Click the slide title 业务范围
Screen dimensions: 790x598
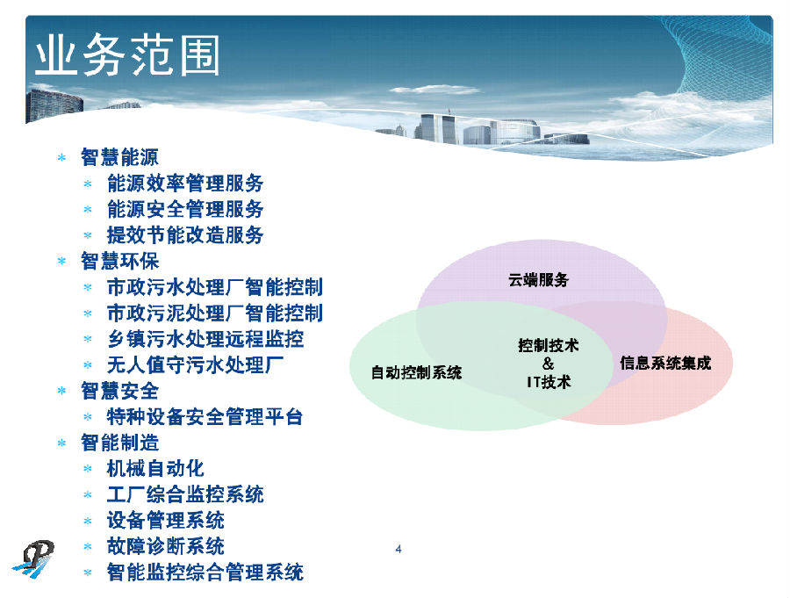[x=127, y=55]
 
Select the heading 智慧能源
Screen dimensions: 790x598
[x=120, y=157]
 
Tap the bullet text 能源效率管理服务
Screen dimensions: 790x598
[x=185, y=183]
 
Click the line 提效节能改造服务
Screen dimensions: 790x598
[x=185, y=235]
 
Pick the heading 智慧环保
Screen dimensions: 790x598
[x=120, y=261]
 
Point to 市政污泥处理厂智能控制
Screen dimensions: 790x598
[x=215, y=313]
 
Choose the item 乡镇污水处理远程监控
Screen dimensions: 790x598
[x=205, y=339]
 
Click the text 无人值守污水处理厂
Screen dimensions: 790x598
[x=195, y=365]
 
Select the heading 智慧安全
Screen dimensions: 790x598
[x=120, y=392]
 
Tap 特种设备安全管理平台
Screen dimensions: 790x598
[x=205, y=417]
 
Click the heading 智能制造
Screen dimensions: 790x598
[x=120, y=443]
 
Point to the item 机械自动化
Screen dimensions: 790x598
[x=155, y=469]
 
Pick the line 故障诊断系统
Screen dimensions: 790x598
[x=165, y=546]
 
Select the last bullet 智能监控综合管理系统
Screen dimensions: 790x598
[x=205, y=573]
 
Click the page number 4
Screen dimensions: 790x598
[x=399, y=549]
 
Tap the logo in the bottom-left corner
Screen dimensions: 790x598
[x=33, y=559]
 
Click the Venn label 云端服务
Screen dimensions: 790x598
[x=538, y=280]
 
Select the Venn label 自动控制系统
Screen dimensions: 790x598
[x=416, y=372]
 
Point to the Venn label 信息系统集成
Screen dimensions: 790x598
[x=665, y=363]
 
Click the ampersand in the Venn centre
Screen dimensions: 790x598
[x=548, y=364]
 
